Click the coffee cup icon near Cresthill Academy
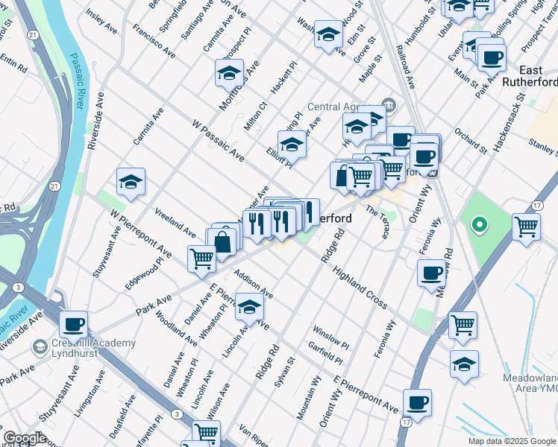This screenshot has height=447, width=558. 74,325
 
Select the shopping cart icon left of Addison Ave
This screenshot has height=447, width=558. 201,259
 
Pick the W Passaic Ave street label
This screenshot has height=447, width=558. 218,141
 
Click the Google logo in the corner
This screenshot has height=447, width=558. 25,437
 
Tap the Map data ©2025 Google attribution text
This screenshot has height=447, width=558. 512,441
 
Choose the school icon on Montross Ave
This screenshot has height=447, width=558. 229,74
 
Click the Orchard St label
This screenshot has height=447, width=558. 470,142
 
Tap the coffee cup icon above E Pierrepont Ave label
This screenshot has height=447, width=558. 417,402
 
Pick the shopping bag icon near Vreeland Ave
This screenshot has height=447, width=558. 222,242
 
